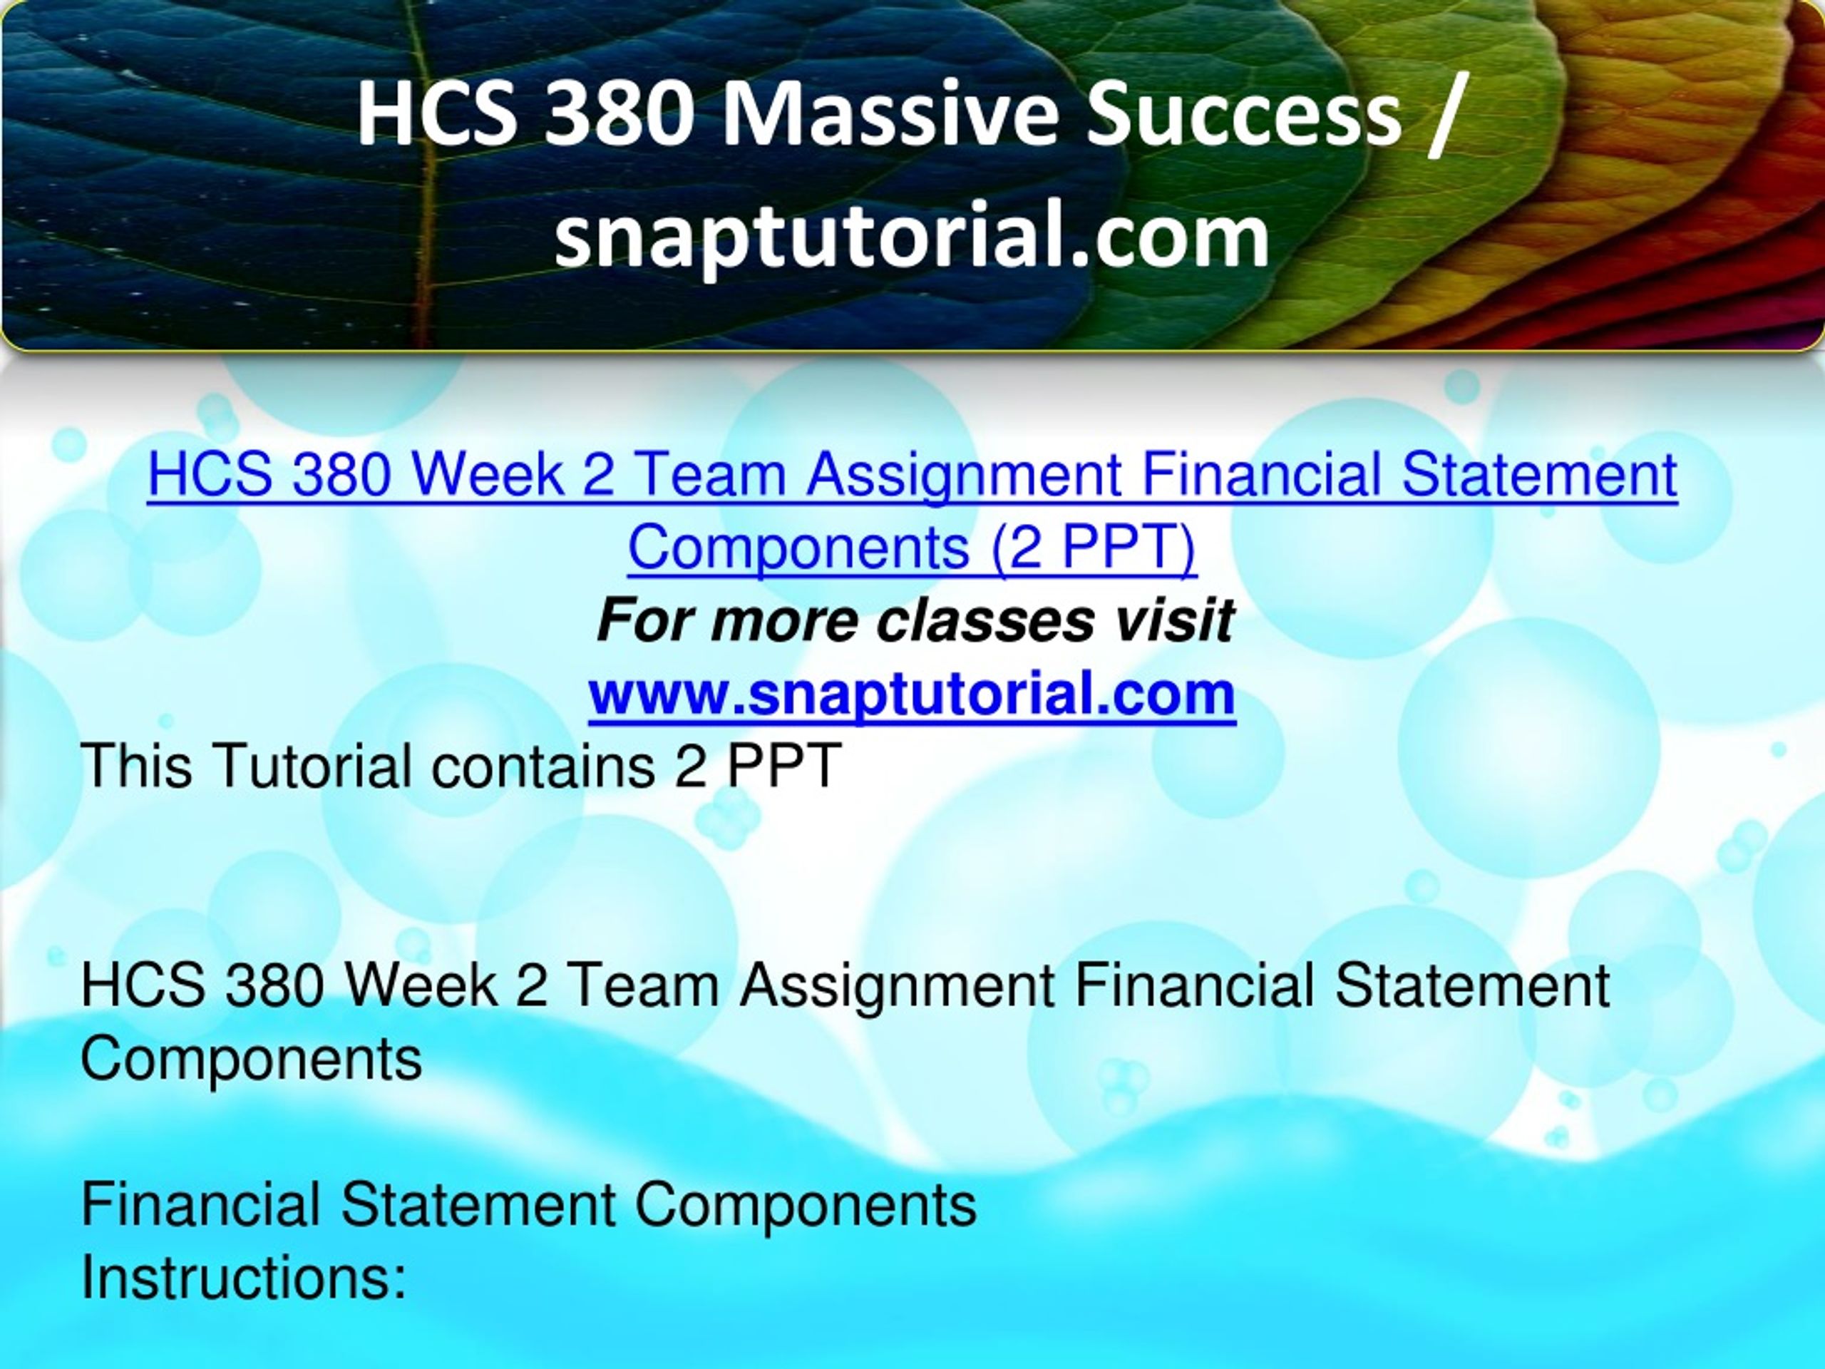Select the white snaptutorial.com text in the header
point(912,237)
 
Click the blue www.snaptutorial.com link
point(912,694)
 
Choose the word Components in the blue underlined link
point(798,546)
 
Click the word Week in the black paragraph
point(421,985)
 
